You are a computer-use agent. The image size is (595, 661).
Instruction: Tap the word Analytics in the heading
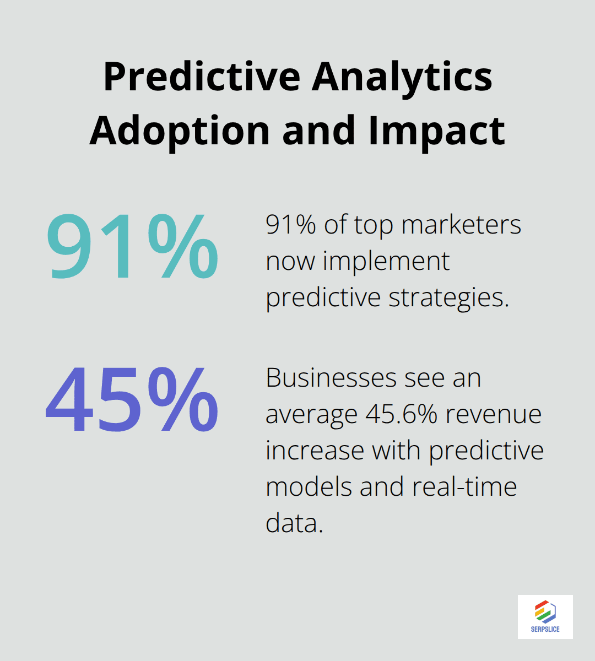[x=402, y=77]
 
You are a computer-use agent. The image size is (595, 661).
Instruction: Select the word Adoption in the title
[x=180, y=131]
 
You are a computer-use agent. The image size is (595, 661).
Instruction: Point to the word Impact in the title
[x=436, y=131]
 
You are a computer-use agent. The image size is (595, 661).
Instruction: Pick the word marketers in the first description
[x=461, y=225]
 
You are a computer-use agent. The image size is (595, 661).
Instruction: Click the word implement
[x=386, y=261]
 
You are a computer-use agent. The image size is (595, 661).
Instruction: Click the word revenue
[x=494, y=414]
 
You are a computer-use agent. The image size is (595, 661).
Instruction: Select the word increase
[x=315, y=451]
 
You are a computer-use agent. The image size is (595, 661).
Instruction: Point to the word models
[x=308, y=487]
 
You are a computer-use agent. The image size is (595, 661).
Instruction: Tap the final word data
[x=294, y=523]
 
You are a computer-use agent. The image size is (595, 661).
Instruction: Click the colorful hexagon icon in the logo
[x=545, y=611]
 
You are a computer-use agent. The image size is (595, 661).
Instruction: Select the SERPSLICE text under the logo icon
[x=545, y=629]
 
